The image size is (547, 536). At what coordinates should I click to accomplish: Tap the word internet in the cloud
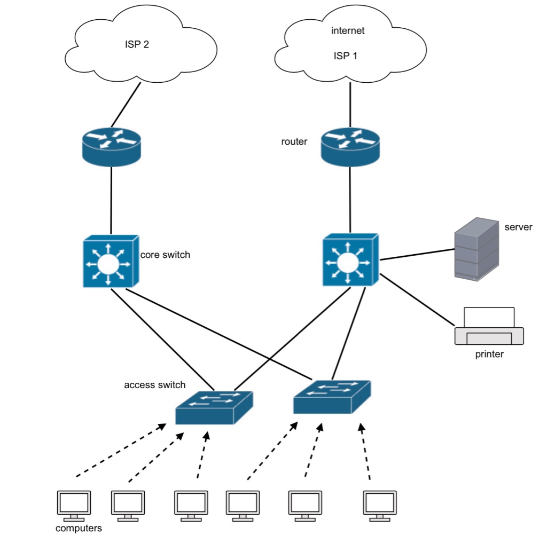tap(348, 30)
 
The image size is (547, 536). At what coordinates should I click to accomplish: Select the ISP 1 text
tap(345, 55)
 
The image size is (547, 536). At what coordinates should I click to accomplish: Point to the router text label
tap(294, 142)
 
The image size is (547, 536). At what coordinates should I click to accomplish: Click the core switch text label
tap(165, 255)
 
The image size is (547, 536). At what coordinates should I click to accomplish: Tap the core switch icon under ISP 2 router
tap(110, 262)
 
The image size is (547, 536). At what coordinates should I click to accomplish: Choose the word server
tap(518, 227)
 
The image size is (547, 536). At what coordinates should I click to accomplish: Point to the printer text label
tap(489, 354)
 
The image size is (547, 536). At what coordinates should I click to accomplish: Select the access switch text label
tap(155, 385)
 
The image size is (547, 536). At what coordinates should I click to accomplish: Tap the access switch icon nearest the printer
tap(332, 397)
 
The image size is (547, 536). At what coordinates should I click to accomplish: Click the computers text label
tap(79, 529)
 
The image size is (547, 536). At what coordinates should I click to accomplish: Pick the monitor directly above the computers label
tap(74, 505)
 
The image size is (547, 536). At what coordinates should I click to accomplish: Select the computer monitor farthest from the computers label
tap(380, 505)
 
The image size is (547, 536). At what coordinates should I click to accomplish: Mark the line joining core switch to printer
tap(417, 299)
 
